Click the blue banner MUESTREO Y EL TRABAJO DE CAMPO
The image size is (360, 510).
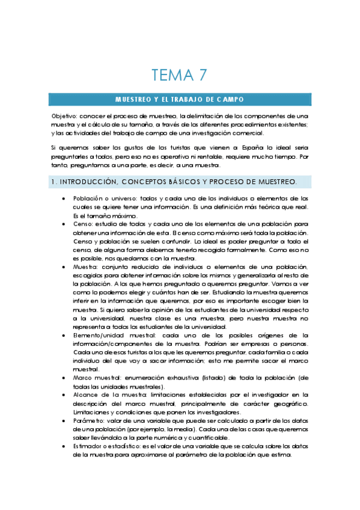(x=180, y=99)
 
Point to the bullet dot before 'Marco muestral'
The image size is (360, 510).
(x=64, y=378)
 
